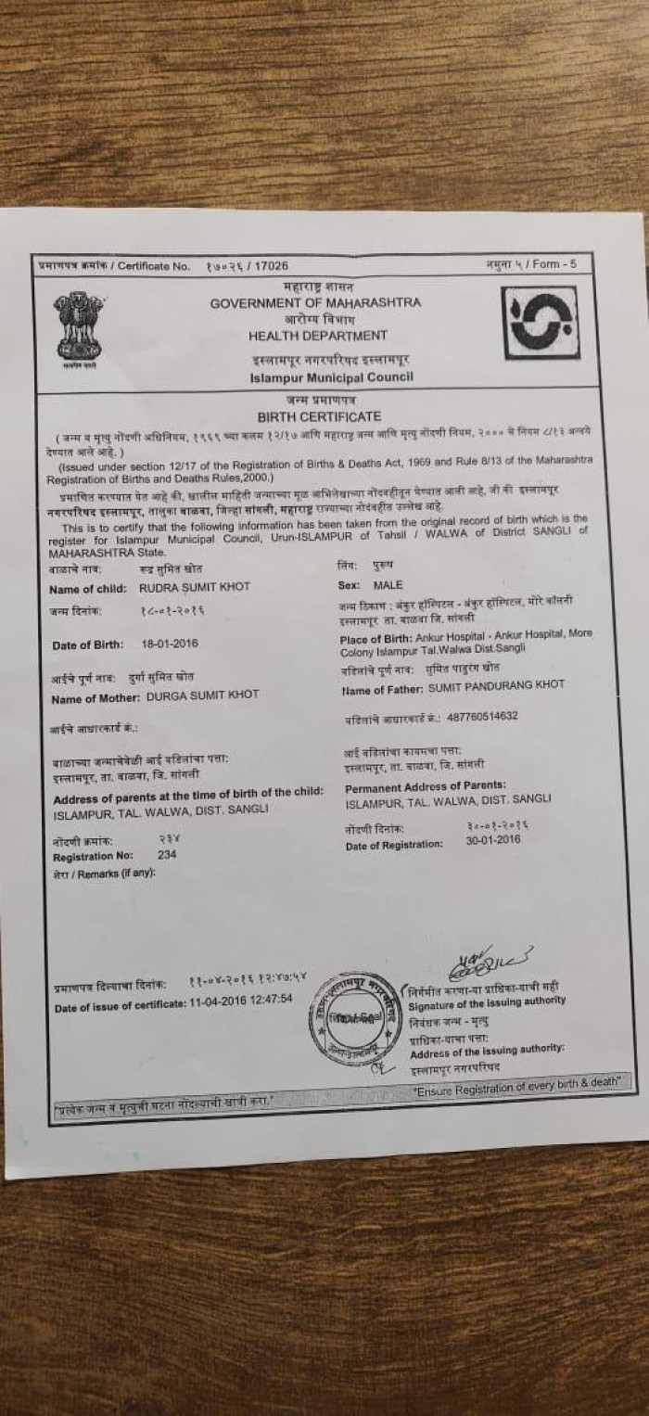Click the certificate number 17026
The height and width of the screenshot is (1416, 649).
pyautogui.click(x=272, y=266)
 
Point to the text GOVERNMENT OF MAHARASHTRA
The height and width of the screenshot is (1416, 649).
pyautogui.click(x=315, y=303)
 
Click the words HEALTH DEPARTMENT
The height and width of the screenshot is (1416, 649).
pyautogui.click(x=318, y=336)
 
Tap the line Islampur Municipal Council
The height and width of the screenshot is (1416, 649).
pyautogui.click(x=331, y=377)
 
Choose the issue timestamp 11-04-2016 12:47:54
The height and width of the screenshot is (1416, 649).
pyautogui.click(x=241, y=1000)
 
